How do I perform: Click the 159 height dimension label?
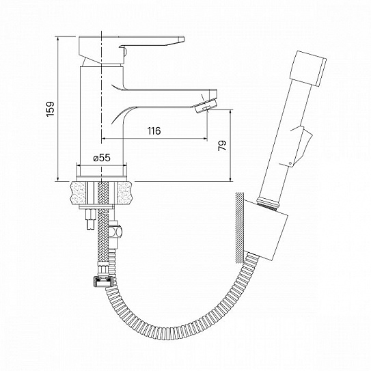click(x=51, y=109)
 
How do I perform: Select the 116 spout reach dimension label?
click(x=154, y=130)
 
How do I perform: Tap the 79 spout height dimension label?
click(x=223, y=146)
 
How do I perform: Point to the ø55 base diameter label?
click(x=102, y=158)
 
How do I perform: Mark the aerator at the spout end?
click(x=205, y=105)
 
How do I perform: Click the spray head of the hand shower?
click(x=308, y=68)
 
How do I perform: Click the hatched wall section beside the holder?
click(x=239, y=228)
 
